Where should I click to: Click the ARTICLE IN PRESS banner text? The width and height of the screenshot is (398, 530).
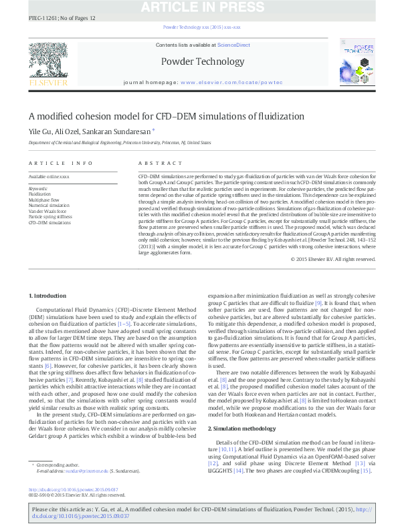click(199, 7)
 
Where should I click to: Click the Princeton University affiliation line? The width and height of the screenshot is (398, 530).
click(114, 143)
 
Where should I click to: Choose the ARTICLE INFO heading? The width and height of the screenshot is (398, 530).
click(61, 163)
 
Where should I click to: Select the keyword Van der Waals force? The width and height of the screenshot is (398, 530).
click(46, 211)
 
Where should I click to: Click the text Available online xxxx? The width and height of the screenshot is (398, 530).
click(49, 176)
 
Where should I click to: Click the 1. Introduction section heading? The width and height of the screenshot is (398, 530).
click(48, 295)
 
